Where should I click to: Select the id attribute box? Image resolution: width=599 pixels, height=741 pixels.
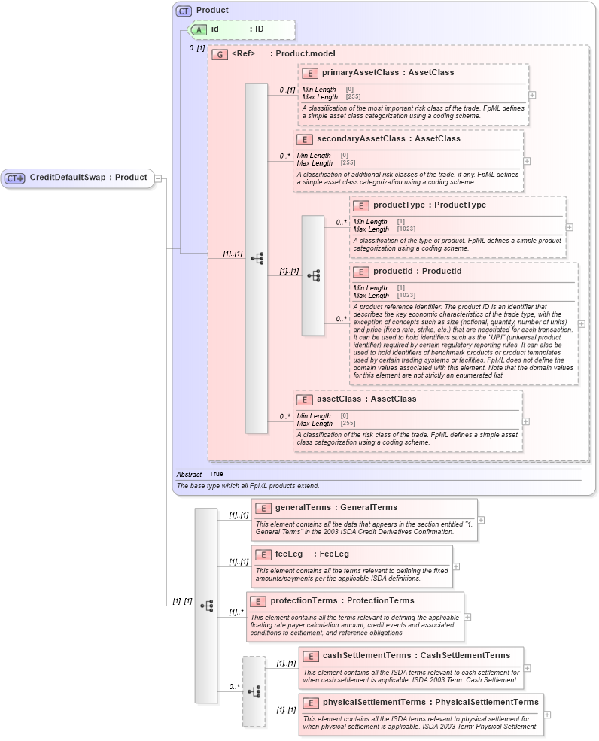click(214, 29)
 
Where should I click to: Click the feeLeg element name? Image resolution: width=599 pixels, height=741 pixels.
click(289, 554)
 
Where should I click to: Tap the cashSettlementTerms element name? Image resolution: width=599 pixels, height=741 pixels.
click(366, 656)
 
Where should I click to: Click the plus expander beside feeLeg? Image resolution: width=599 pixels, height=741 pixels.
click(456, 566)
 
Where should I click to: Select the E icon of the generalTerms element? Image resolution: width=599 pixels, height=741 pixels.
click(263, 508)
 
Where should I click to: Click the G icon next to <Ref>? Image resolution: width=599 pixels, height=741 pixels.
click(220, 54)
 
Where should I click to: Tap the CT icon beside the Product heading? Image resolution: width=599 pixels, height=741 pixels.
click(184, 11)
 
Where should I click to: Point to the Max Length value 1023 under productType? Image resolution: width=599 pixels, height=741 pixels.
click(406, 229)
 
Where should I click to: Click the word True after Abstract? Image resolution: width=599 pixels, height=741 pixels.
click(216, 475)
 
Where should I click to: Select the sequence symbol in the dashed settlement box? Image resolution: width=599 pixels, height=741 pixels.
click(254, 691)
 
